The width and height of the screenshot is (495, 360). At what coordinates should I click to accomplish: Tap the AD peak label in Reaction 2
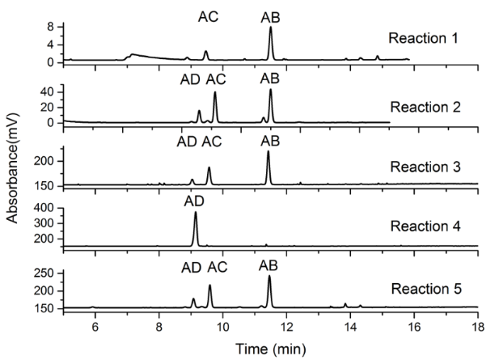click(191, 78)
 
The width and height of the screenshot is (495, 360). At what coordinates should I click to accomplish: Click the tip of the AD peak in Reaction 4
click(195, 213)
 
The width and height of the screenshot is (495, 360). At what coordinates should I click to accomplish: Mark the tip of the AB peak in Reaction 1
click(270, 28)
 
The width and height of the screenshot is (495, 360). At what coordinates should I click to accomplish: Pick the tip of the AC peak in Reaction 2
click(214, 92)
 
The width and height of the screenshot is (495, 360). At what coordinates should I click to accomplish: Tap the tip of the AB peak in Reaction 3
click(269, 152)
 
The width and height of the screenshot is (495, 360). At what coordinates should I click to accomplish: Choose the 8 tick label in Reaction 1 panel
click(51, 27)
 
